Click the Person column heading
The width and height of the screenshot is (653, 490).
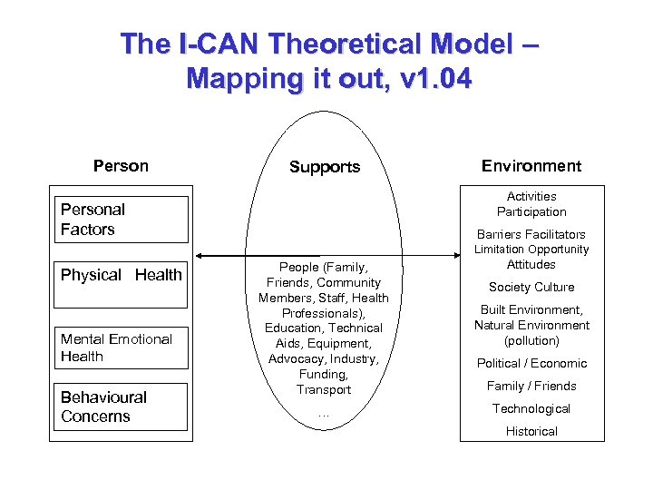121,166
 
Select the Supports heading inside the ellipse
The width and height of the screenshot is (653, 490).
325,167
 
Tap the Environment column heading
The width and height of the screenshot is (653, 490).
531,166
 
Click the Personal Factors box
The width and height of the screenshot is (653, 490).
122,220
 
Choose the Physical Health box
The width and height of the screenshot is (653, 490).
122,275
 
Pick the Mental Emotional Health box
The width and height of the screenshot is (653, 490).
122,348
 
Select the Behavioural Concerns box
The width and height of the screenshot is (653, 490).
122,407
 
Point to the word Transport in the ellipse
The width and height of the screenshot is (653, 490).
324,389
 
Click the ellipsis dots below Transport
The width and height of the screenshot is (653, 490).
324,415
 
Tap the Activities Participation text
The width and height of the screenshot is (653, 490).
531,204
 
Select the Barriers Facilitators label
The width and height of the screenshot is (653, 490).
531,234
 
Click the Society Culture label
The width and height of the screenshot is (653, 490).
531,288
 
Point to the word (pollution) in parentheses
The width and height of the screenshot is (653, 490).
531,341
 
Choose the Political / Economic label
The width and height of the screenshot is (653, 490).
531,363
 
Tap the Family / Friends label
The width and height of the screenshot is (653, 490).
531,386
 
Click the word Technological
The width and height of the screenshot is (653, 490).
531,408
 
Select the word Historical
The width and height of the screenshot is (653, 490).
531,431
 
